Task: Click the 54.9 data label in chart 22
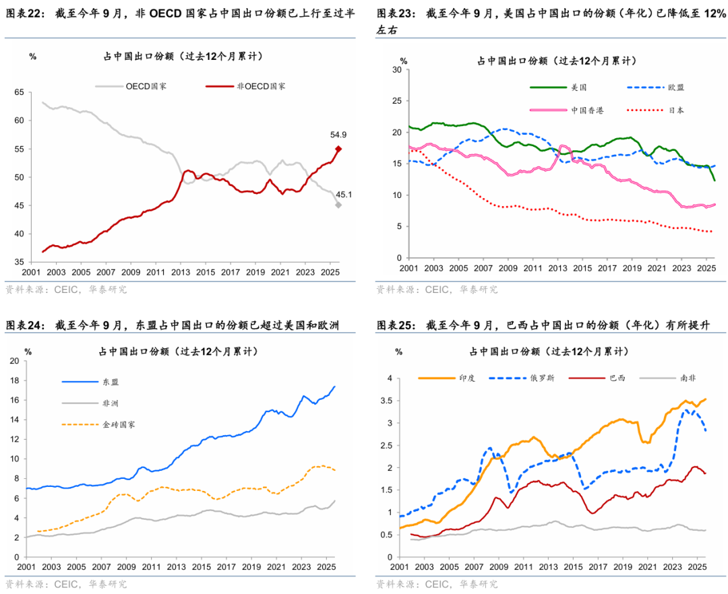tap(338, 135)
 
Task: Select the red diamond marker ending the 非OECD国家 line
tap(338, 150)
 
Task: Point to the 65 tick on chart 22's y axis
tap(18, 92)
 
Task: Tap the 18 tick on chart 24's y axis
tap(13, 381)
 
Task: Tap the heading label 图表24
tap(24, 326)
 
